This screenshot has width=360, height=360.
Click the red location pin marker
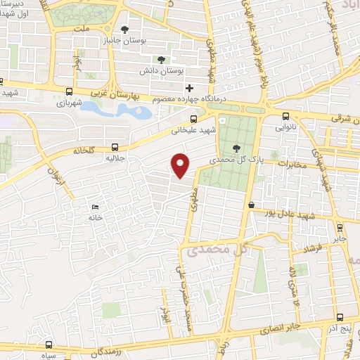coord(181,165)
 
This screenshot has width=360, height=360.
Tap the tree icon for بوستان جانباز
coord(125,30)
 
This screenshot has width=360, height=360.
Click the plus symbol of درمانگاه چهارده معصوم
coord(188,88)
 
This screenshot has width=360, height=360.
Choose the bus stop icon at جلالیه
coord(115,148)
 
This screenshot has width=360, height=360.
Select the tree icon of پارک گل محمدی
coord(236,148)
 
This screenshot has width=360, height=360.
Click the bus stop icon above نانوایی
coord(285,117)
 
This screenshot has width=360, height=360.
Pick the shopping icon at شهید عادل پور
coord(251,204)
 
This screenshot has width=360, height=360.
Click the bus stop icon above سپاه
coord(49,345)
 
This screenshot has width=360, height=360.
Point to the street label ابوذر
coord(166,307)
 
